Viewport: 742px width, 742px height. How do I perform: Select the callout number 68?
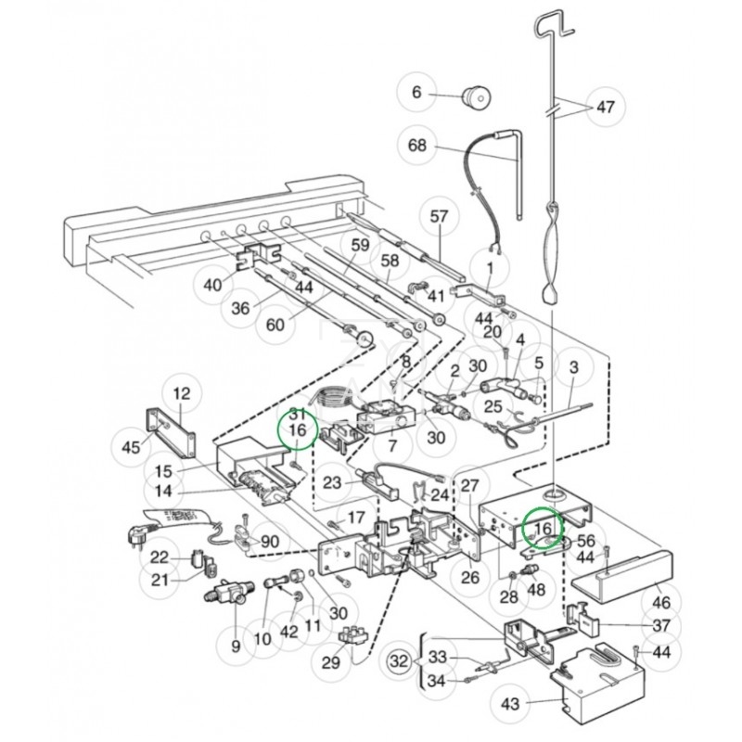point(417,146)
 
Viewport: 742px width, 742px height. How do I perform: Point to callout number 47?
point(605,108)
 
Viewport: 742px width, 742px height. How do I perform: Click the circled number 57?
point(439,217)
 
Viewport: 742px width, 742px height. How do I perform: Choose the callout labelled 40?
point(212,285)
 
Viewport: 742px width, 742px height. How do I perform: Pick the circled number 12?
point(181,393)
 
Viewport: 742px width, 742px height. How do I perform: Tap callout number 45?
point(131,448)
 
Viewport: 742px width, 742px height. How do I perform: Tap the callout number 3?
point(573,368)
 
